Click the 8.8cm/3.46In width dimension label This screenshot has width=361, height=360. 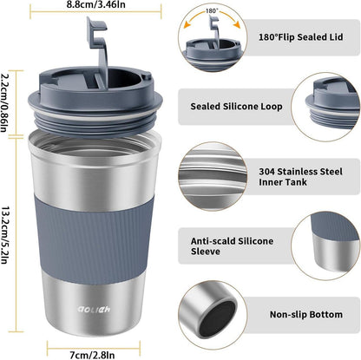(x=96, y=4)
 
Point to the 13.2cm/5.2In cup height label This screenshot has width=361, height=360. (x=4, y=235)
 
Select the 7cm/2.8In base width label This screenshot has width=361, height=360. (x=92, y=355)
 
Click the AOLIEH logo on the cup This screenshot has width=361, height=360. (x=94, y=309)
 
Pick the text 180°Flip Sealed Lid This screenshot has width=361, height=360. (x=300, y=37)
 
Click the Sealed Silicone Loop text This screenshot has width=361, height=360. (x=236, y=107)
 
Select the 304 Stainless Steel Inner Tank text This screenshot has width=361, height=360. (x=300, y=177)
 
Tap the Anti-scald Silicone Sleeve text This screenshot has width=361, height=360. (x=232, y=246)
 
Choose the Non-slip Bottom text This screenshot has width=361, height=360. (x=306, y=314)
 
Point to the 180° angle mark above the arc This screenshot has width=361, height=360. (x=212, y=11)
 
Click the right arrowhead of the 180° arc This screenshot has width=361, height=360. (x=237, y=25)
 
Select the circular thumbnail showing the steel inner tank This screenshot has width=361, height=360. (x=213, y=176)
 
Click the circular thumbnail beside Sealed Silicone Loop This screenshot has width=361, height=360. (x=326, y=107)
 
